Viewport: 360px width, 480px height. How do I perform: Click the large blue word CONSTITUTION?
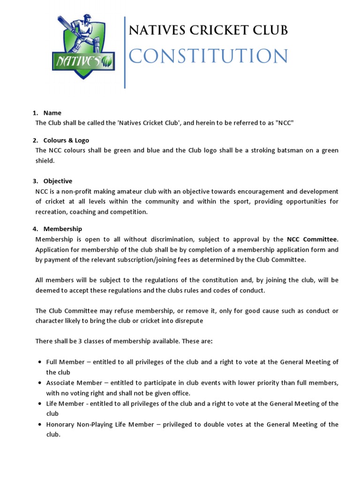tap(208, 56)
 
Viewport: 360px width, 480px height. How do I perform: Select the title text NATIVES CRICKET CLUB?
tap(208, 30)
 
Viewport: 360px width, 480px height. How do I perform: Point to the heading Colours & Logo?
tap(66, 140)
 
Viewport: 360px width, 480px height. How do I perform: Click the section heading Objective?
tap(58, 181)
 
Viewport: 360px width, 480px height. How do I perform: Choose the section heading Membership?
tap(62, 229)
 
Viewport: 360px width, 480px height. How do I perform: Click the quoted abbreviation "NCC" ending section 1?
tap(285, 123)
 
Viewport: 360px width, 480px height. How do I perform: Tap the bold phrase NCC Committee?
tap(312, 239)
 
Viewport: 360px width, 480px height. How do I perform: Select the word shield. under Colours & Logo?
tap(45, 160)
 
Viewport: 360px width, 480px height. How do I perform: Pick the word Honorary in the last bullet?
tap(60, 424)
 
